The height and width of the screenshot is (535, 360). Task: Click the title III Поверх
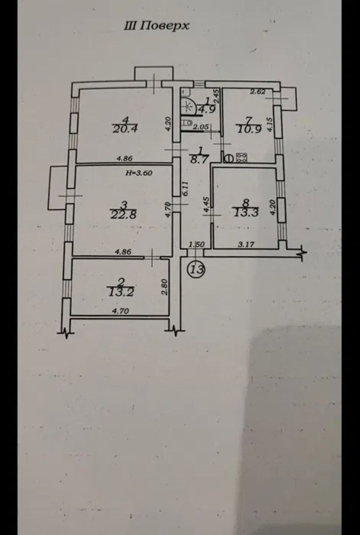coord(156,26)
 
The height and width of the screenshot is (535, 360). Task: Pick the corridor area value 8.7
coord(200,158)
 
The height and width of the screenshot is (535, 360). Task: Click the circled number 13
coord(196,269)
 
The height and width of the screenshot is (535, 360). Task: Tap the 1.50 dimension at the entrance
coord(196,244)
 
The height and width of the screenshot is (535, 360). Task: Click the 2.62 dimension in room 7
coord(258,92)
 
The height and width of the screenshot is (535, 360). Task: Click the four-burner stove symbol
coord(242,157)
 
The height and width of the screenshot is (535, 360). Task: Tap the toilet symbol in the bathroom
coord(188,123)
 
